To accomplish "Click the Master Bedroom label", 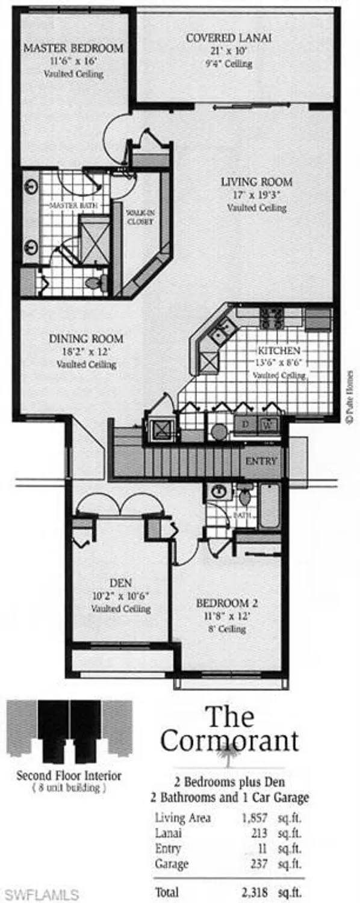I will [x=73, y=48].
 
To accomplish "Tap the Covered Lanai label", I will [x=229, y=38].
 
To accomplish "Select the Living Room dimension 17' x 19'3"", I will [x=256, y=195].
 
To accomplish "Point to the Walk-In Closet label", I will [x=140, y=217].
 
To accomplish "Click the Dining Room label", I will [x=86, y=339].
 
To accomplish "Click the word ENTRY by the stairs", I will [x=262, y=462].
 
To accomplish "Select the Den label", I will [x=120, y=583].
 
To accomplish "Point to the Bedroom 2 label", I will [x=223, y=603].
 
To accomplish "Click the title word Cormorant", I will [x=229, y=741].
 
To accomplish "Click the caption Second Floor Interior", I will [x=69, y=775].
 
